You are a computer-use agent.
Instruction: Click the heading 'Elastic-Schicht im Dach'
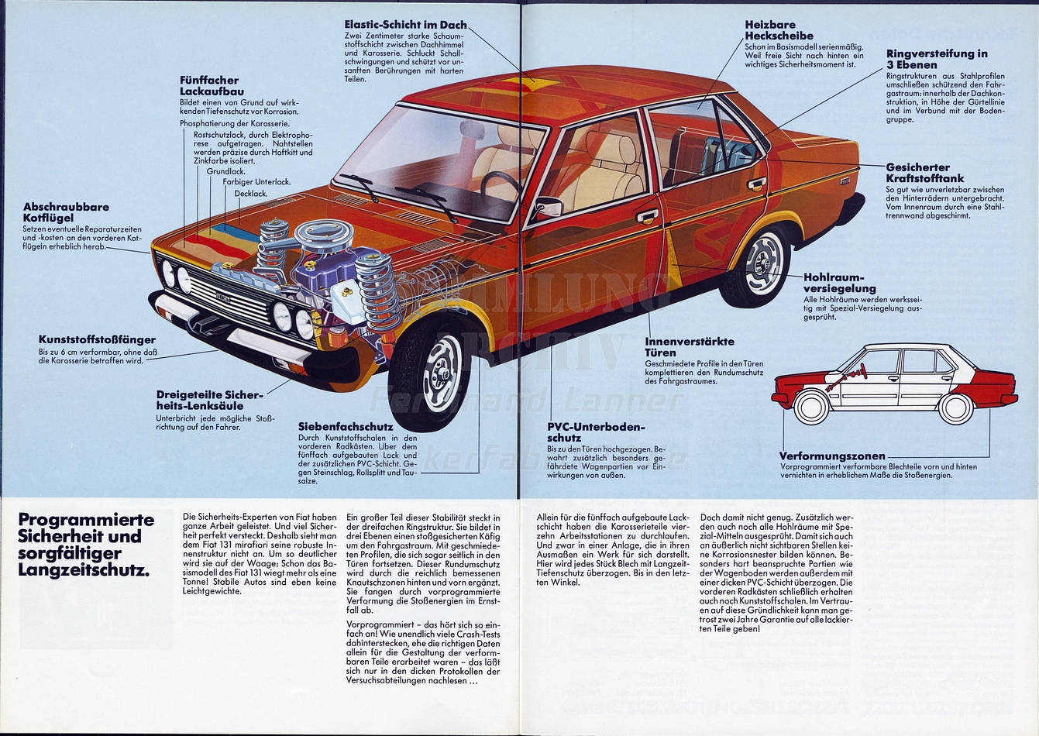pos(405,25)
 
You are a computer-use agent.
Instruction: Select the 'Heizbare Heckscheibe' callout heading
pos(779,30)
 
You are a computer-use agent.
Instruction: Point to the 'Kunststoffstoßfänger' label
pos(97,339)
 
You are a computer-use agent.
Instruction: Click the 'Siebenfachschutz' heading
pos(345,426)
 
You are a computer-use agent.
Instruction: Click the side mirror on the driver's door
pos(549,207)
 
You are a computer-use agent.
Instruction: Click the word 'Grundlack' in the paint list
pos(225,170)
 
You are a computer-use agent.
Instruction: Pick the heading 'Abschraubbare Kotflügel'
pos(66,212)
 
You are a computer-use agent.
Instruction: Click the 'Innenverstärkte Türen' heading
pos(689,346)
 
